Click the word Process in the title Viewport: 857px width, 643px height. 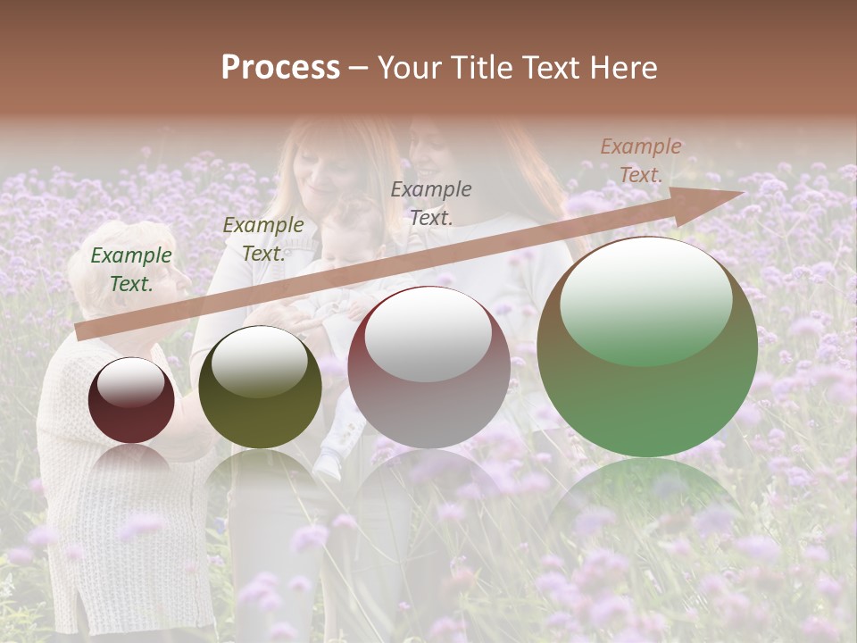pos(280,68)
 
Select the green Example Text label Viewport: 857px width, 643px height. pos(131,270)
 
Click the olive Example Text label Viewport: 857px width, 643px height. pos(262,238)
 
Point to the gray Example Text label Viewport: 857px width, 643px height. pos(431,203)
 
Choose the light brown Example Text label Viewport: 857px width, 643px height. pos(641,161)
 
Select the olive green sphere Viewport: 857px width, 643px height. pos(260,387)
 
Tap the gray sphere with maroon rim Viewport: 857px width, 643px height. pos(428,368)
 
